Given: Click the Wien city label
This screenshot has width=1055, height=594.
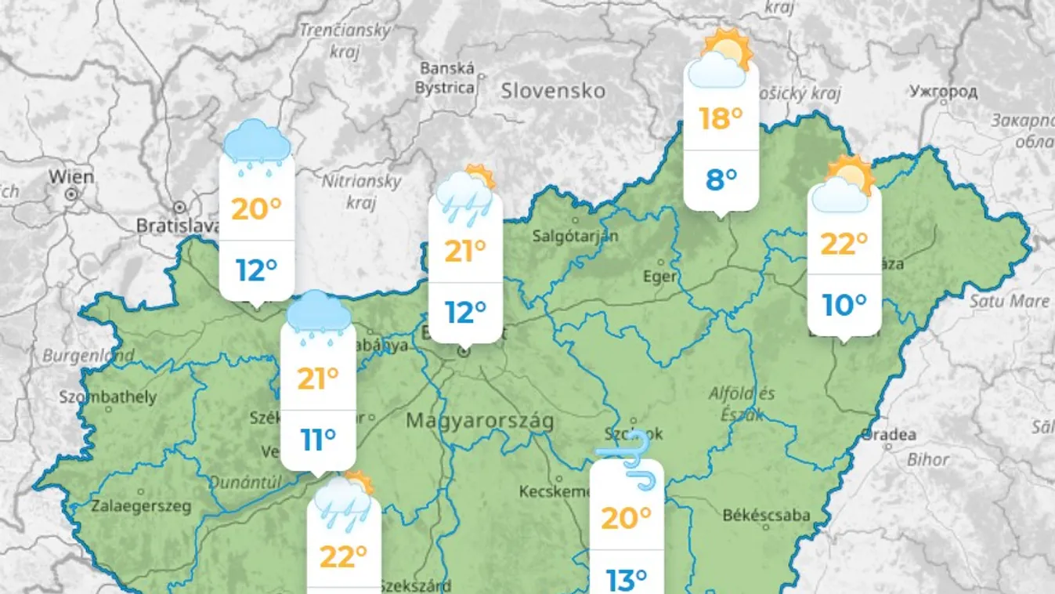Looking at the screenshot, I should pos(71,176).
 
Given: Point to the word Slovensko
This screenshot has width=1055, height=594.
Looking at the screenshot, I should pos(553,91).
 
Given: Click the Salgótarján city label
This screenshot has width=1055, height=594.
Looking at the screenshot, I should pos(576,235).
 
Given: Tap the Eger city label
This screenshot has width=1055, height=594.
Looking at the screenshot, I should pos(659,277).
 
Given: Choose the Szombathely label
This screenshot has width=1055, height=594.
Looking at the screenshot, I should pos(108,397).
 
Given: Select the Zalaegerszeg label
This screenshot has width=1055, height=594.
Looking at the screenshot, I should pos(141,506).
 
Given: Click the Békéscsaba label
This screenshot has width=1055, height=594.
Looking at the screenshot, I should pos(766,515).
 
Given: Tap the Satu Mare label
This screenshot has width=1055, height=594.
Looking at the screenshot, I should pos(1009,301).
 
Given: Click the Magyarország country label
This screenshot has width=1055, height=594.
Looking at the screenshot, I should pos(479,421).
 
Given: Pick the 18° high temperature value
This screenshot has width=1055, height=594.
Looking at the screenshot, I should pos(721,119).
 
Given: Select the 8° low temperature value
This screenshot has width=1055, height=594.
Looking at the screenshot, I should pos(721,180).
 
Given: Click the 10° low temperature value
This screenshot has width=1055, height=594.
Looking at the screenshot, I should pos(844,305).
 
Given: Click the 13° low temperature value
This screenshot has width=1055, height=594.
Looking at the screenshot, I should pos(627,580).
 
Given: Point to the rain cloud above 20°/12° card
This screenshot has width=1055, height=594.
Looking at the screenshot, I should pos(257,143).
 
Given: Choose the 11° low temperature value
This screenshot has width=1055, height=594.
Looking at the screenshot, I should pos(318,440).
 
